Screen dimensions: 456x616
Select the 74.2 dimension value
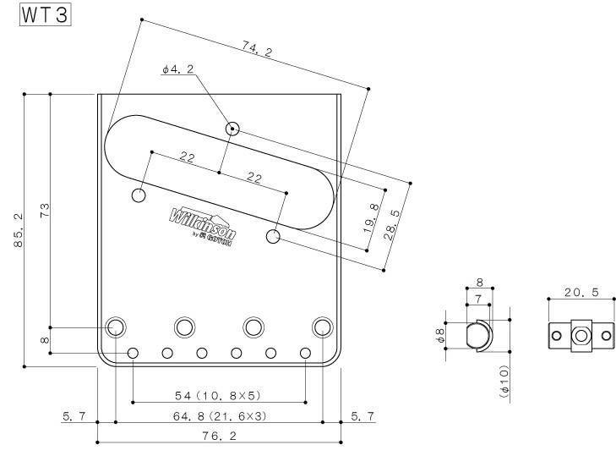[257, 52]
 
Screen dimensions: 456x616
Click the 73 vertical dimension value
[45, 209]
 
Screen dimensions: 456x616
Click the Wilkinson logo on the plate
[203, 225]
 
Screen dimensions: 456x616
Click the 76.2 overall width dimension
[220, 437]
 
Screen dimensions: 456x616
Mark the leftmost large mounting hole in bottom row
[116, 327]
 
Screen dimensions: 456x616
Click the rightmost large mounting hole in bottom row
[323, 327]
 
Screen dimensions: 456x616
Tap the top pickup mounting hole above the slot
[232, 129]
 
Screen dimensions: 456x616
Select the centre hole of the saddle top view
[581, 335]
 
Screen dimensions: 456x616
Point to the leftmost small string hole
[133, 353]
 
